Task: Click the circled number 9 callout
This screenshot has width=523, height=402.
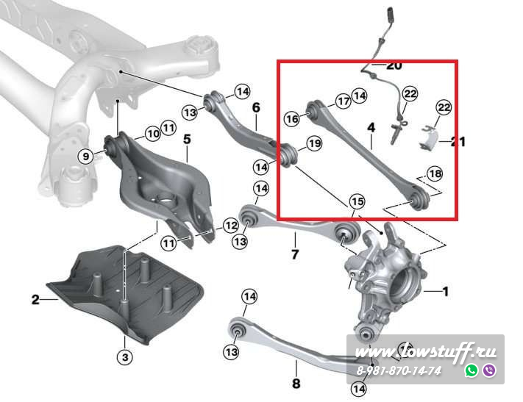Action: pyautogui.click(x=86, y=156)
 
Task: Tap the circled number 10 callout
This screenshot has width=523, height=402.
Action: pyautogui.click(x=154, y=134)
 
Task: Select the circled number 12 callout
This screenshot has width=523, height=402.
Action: pyautogui.click(x=231, y=226)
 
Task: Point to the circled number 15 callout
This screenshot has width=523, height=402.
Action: pyautogui.click(x=357, y=201)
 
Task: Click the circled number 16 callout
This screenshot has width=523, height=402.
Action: pyautogui.click(x=292, y=118)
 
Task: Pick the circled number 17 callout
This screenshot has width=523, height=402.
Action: pyautogui.click(x=344, y=101)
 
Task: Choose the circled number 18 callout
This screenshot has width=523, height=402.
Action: pyautogui.click(x=435, y=173)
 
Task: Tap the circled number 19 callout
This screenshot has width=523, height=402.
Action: pyautogui.click(x=314, y=143)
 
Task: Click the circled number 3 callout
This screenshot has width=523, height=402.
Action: pyautogui.click(x=125, y=357)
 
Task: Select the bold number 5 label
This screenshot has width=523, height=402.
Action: pyautogui.click(x=187, y=139)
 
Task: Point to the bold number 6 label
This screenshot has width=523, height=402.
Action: pyautogui.click(x=256, y=107)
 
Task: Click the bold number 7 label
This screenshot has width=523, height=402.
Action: pyautogui.click(x=295, y=254)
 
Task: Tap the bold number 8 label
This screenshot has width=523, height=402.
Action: pyautogui.click(x=296, y=383)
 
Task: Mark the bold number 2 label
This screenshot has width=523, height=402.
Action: pyautogui.click(x=35, y=299)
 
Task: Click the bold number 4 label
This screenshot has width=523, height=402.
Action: pyautogui.click(x=371, y=128)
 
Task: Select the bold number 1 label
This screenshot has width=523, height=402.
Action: pyautogui.click(x=445, y=292)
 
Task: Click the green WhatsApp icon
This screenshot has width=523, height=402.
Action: pyautogui.click(x=472, y=370)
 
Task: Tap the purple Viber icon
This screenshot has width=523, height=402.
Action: pyautogui.click(x=489, y=370)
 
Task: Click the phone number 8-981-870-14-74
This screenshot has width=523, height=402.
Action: pyautogui.click(x=399, y=370)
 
